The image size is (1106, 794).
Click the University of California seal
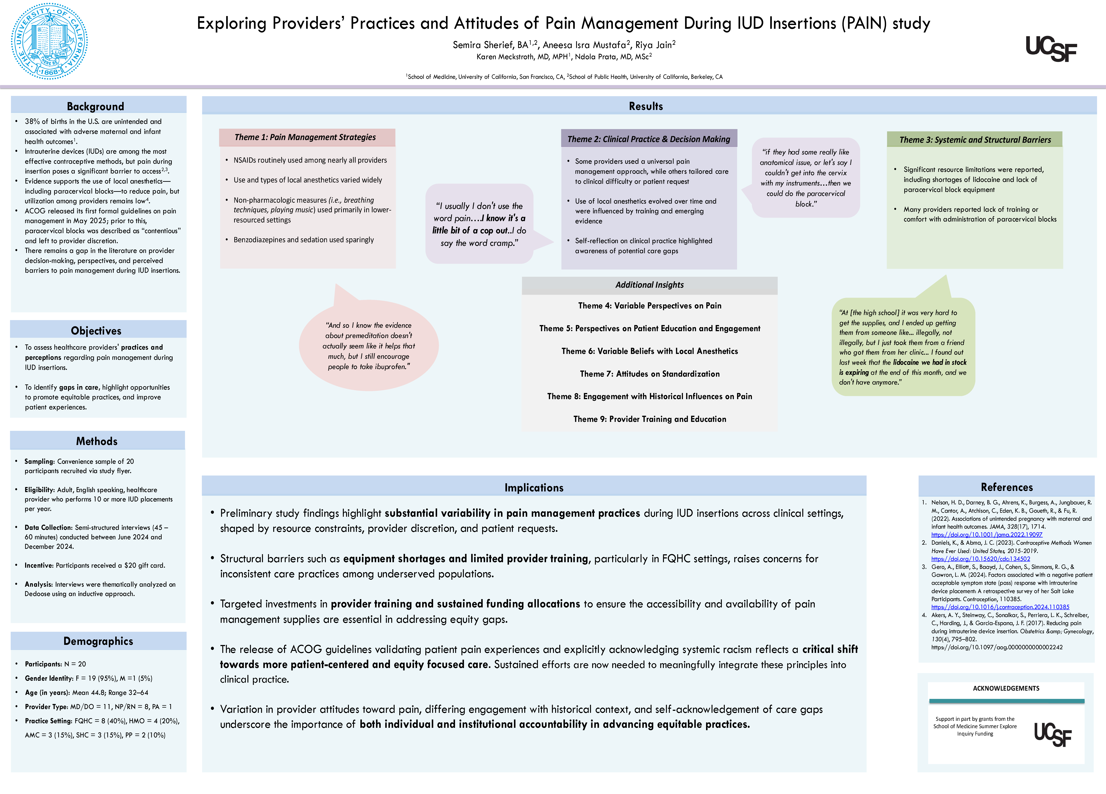click(49, 41)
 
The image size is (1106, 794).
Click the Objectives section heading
click(96, 331)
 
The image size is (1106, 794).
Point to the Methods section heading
click(97, 441)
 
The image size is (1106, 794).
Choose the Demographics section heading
click(98, 641)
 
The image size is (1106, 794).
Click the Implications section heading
click(534, 488)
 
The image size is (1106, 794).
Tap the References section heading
click(1007, 487)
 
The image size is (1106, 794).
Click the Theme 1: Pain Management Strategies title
click(305, 137)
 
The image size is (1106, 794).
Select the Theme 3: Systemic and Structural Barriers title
click(975, 140)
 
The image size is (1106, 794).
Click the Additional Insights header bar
click(650, 285)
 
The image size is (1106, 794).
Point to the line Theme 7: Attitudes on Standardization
click(650, 374)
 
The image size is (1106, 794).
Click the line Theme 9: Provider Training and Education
click(650, 419)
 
